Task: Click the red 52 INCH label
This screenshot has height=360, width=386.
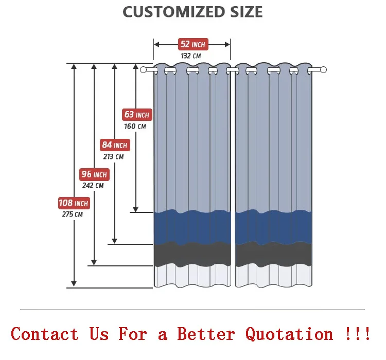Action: click(x=192, y=44)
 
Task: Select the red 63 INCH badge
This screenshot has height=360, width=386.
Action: click(x=136, y=115)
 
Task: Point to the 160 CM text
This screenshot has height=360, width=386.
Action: click(x=135, y=126)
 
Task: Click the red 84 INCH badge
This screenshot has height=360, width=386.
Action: click(x=114, y=145)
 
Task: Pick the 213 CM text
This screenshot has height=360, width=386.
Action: click(x=113, y=156)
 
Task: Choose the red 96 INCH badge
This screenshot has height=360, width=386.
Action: click(x=94, y=174)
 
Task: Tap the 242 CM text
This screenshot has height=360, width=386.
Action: click(x=93, y=186)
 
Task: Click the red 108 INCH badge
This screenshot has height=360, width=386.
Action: click(x=74, y=203)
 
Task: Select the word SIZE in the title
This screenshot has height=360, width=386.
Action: click(x=245, y=12)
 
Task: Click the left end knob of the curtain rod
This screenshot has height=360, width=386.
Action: click(x=143, y=69)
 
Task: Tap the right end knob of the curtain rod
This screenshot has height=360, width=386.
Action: click(x=323, y=69)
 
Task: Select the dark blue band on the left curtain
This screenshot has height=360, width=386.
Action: click(x=192, y=226)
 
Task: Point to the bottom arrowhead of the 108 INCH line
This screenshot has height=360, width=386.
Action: click(x=74, y=283)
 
